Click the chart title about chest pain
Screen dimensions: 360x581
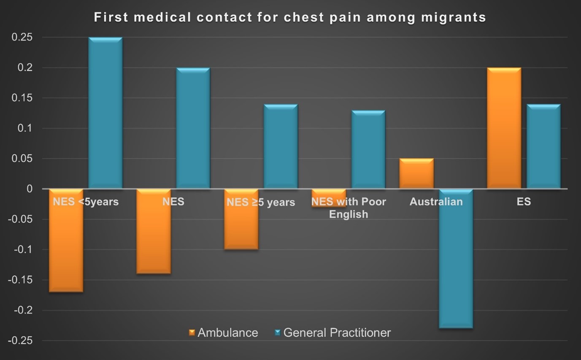click(x=290, y=17)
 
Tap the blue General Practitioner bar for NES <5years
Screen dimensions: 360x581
click(x=105, y=113)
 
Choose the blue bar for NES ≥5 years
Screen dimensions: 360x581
click(x=281, y=146)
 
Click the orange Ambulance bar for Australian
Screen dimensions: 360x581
click(x=416, y=173)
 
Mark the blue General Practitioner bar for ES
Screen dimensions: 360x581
click(x=543, y=146)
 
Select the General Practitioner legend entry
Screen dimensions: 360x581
click(x=332, y=333)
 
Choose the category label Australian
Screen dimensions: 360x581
click(x=436, y=202)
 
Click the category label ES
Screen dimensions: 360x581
click(x=524, y=202)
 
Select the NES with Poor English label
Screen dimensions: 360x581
click(x=349, y=208)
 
